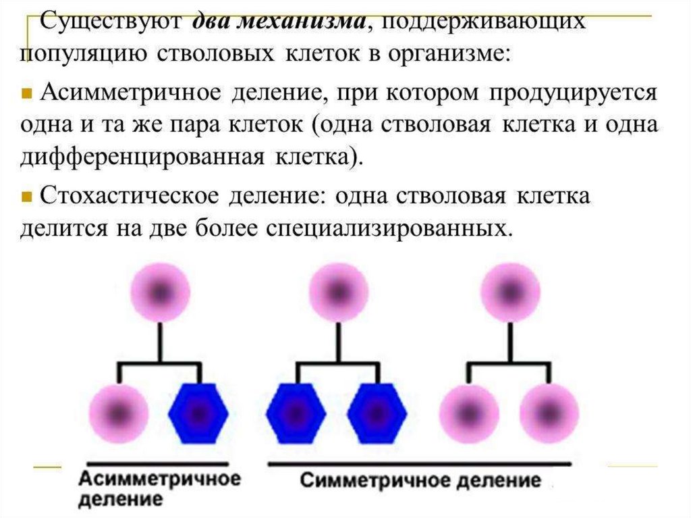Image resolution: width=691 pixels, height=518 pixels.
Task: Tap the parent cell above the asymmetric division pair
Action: coord(159,292)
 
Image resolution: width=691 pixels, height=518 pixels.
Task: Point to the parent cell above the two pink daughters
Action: coord(510,292)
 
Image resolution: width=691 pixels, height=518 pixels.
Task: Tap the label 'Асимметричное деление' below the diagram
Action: coord(160,489)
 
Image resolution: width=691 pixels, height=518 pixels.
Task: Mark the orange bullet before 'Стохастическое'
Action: coord(27,197)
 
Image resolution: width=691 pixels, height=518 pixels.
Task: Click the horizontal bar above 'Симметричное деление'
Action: coord(420,465)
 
